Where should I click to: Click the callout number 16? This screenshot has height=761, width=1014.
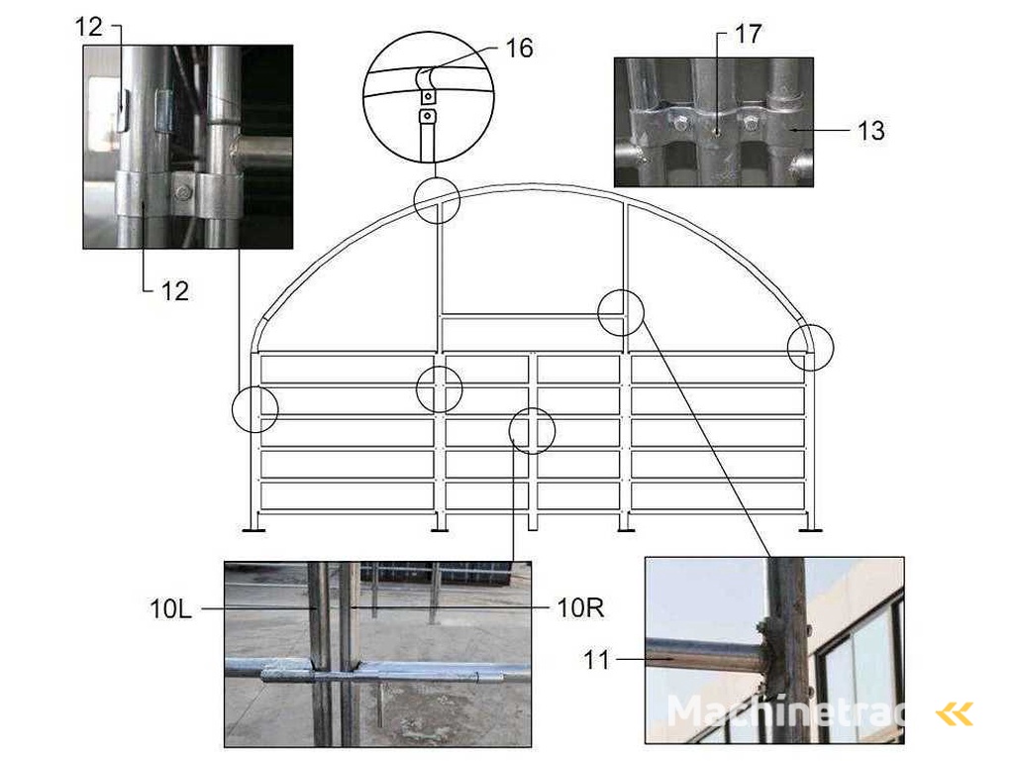[x=519, y=49]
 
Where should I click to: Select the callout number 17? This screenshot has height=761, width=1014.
[x=749, y=35]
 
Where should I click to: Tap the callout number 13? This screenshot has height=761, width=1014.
[x=871, y=131]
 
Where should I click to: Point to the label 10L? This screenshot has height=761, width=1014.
[x=170, y=609]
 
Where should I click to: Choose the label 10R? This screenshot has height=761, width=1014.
[x=580, y=607]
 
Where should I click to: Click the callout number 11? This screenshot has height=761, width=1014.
[x=596, y=661]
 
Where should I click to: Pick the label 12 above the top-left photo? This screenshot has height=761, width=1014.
[x=88, y=27]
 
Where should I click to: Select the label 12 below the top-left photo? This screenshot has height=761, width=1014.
[x=174, y=291]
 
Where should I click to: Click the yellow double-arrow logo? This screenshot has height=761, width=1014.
[x=955, y=714]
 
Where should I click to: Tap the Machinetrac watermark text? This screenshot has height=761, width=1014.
[x=785, y=710]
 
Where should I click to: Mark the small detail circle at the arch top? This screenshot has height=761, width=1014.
[x=437, y=200]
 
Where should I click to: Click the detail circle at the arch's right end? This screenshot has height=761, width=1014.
[x=810, y=348]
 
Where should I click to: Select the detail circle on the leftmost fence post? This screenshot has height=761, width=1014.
[x=254, y=409]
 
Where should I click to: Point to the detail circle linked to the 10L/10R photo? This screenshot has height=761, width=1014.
[x=532, y=430]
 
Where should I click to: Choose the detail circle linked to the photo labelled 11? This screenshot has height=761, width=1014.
[x=621, y=312]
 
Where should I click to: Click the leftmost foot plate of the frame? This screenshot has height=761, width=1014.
[x=253, y=531]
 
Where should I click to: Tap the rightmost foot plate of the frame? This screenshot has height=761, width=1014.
[x=810, y=531]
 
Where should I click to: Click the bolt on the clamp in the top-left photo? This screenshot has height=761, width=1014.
[x=183, y=192]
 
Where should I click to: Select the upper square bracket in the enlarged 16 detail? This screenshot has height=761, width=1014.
[x=428, y=97]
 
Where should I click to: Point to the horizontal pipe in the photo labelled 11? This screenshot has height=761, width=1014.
[x=705, y=656]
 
